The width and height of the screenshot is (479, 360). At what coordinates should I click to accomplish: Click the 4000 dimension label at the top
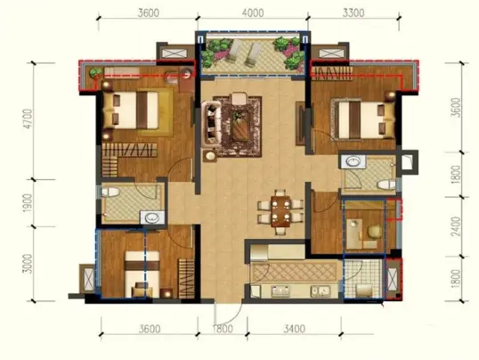click(252, 12)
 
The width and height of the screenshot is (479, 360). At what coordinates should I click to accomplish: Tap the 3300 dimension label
click(353, 12)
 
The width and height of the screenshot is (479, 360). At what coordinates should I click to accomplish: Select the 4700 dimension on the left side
click(28, 119)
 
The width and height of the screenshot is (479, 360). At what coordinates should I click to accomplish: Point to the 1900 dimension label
click(28, 203)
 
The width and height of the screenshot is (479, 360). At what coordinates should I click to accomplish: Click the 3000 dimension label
click(28, 264)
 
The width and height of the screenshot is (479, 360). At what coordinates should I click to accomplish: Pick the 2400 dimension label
click(457, 226)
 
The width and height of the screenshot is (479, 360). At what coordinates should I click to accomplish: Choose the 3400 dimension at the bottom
click(294, 329)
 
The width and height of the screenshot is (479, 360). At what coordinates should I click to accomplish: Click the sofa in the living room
click(211, 123)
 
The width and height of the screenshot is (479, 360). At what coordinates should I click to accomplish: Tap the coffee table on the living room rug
click(240, 126)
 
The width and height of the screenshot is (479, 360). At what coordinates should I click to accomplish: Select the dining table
click(280, 212)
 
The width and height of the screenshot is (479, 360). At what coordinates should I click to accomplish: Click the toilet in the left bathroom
click(110, 192)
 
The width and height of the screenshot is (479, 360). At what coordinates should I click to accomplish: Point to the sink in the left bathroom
click(152, 217)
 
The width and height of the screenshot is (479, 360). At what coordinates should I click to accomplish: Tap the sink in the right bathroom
click(353, 161)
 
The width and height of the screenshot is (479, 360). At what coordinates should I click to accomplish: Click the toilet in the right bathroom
click(386, 184)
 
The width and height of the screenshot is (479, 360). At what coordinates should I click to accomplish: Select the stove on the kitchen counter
click(281, 290)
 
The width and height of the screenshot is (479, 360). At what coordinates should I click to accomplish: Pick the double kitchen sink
click(320, 290)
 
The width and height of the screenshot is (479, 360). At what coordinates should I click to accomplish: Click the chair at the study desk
click(374, 232)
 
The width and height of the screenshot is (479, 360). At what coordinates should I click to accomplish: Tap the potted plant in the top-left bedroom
click(95, 73)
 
